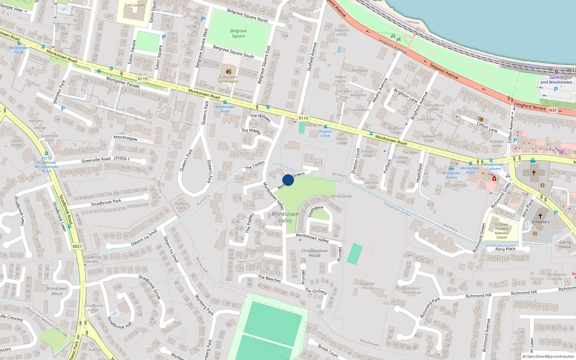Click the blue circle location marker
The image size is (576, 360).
[288, 180]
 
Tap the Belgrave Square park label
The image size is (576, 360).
[238, 33]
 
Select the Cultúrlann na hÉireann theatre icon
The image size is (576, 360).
[228, 71]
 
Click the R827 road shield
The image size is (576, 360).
[77, 247]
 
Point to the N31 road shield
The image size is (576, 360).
[553, 110]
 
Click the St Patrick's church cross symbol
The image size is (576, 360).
[540, 216]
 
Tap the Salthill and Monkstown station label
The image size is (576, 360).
[556, 80]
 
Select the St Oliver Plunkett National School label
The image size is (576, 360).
[501, 231]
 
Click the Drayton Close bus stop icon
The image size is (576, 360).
[325, 127]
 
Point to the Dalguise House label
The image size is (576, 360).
[367, 286]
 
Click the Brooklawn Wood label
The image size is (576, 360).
[57, 291]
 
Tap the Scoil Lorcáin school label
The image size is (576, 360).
[134, 5]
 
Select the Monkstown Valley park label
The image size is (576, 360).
[285, 217]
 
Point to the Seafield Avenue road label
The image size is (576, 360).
[312, 57]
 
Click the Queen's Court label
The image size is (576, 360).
[181, 206]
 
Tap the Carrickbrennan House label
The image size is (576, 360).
[315, 253]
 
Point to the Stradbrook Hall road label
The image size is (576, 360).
[120, 323]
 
